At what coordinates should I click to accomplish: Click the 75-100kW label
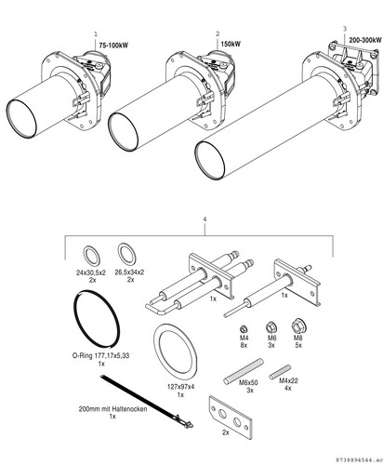[113, 46]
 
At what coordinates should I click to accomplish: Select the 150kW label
[231, 44]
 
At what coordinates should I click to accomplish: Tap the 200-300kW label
[365, 40]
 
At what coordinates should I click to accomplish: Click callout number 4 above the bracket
[205, 219]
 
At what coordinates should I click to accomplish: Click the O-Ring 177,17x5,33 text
[100, 355]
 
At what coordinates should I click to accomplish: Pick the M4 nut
[244, 328]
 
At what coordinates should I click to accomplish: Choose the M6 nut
[271, 327]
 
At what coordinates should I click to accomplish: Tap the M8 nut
[298, 325]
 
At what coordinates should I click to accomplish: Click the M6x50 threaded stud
[244, 371]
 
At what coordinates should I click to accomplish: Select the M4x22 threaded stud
[280, 372]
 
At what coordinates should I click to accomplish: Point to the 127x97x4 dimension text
[180, 387]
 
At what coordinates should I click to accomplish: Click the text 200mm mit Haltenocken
[112, 409]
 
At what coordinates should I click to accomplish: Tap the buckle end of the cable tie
[185, 422]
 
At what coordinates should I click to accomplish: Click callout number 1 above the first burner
[96, 33]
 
